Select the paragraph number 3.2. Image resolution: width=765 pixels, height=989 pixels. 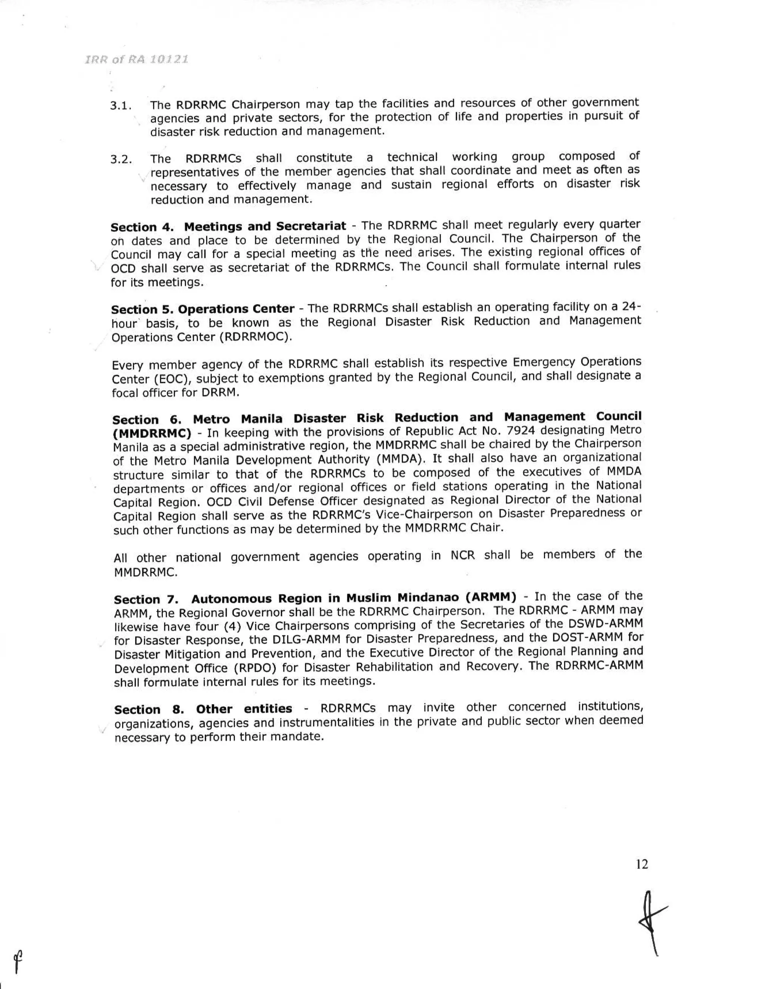click(x=121, y=160)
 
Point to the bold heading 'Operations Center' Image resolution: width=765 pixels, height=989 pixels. click(x=236, y=309)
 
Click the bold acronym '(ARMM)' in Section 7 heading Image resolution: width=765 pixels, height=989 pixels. click(x=492, y=597)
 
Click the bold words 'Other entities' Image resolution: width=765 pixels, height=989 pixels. click(x=244, y=709)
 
